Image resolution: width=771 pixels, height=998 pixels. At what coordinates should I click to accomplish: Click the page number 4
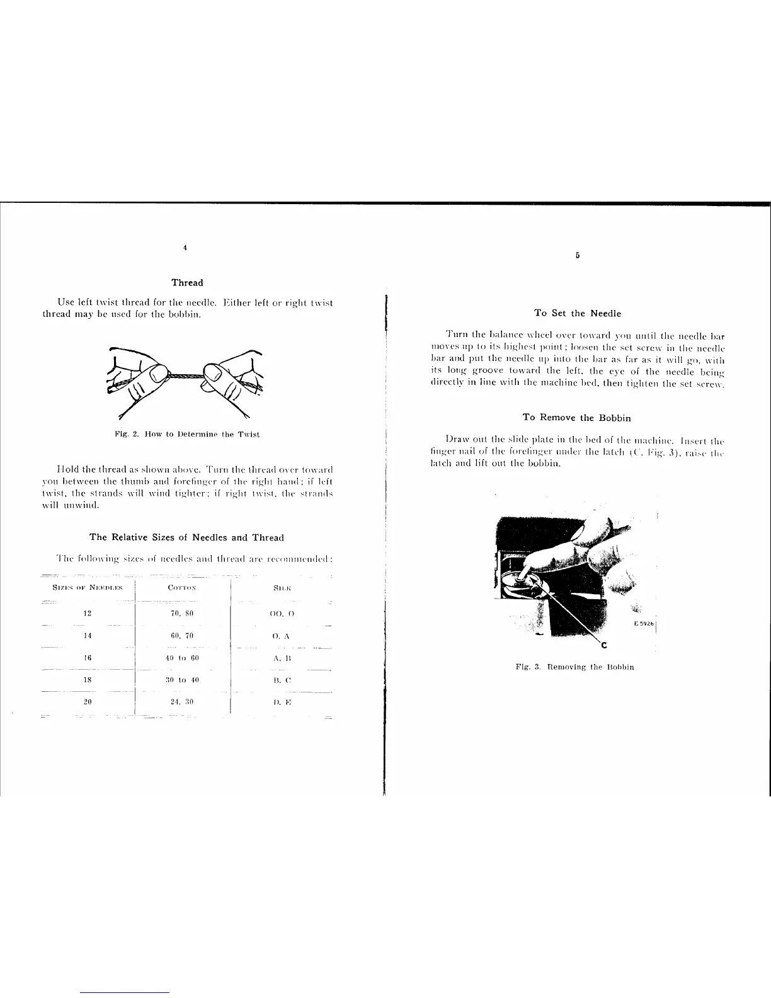tap(185, 248)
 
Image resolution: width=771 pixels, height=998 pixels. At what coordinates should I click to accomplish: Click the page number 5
tap(577, 256)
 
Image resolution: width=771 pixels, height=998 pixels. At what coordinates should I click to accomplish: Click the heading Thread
tap(187, 282)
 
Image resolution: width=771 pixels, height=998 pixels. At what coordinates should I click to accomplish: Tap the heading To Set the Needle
tap(577, 313)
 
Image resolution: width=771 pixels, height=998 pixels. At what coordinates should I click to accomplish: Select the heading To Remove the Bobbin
tap(576, 418)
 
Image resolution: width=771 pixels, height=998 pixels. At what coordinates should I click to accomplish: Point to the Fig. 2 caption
tap(187, 434)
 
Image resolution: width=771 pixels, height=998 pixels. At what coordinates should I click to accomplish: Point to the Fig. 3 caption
tap(574, 667)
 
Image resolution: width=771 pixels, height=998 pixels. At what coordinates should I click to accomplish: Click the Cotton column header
tap(183, 588)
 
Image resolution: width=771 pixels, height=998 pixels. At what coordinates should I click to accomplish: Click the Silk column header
tap(282, 588)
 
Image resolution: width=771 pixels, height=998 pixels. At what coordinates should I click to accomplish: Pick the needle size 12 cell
tap(88, 613)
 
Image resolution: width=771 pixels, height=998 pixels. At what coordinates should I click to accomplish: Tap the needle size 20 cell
tap(88, 701)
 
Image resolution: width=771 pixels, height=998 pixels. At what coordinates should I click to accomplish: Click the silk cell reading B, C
tap(282, 680)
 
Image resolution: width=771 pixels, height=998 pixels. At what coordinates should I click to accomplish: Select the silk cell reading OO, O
tap(282, 613)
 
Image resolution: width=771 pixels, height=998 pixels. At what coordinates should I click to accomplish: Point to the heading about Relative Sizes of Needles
tap(186, 537)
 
